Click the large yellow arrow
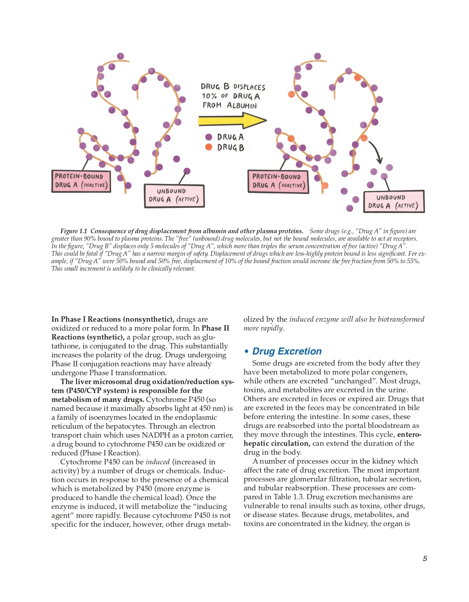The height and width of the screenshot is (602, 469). point(232,121)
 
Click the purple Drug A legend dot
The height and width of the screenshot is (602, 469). point(209,137)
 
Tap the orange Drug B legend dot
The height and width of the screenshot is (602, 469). point(209,147)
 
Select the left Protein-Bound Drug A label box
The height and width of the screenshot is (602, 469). point(81,181)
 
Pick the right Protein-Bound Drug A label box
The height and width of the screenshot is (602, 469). point(278,181)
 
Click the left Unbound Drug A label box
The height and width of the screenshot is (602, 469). point(174,195)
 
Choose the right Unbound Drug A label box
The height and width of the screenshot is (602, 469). point(394,201)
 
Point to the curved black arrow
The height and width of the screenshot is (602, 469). point(377,152)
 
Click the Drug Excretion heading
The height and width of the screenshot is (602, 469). point(287,351)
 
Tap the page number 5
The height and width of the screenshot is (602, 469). point(425,558)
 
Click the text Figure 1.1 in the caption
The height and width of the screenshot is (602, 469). point(74,231)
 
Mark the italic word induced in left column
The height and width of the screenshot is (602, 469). point(158,462)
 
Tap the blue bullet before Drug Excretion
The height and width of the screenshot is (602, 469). point(246,352)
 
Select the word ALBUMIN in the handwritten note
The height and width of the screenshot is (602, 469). point(242,106)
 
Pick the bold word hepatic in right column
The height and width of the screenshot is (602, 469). point(258,443)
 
